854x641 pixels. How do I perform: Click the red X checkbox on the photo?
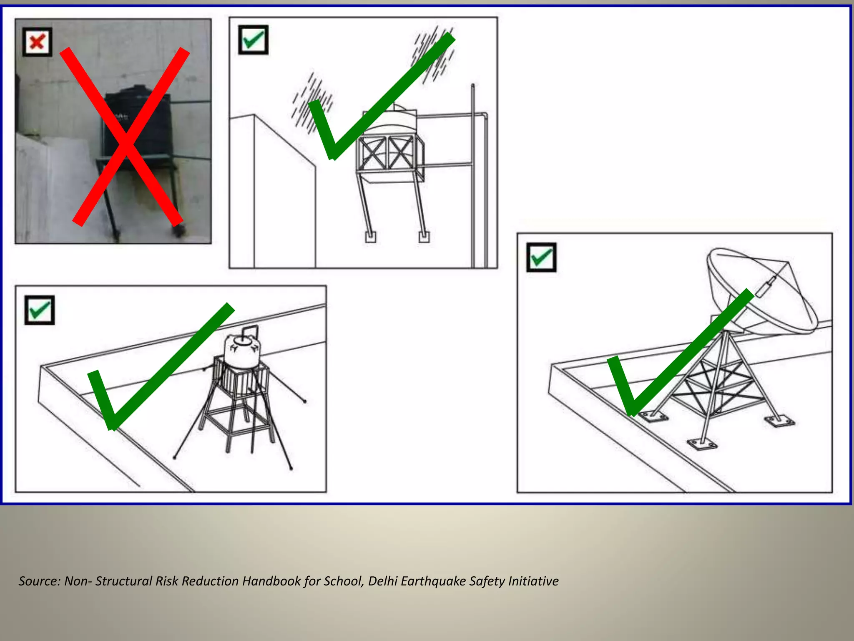pyautogui.click(x=37, y=42)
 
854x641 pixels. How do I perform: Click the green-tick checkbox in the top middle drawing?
pyautogui.click(x=253, y=40)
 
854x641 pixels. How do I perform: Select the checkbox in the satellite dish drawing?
pyautogui.click(x=541, y=257)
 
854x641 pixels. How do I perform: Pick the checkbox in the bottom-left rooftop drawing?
pyautogui.click(x=39, y=310)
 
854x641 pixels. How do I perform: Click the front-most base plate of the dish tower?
pyautogui.click(x=702, y=444)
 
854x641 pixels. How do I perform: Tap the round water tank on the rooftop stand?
pyautogui.click(x=242, y=351)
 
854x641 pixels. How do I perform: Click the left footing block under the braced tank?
pyautogui.click(x=370, y=237)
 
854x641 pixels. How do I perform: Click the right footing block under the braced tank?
pyautogui.click(x=424, y=237)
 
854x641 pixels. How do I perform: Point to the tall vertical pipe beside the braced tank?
pyautogui.click(x=473, y=175)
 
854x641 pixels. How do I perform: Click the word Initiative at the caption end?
pyautogui.click(x=533, y=581)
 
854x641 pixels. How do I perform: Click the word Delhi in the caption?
pyautogui.click(x=382, y=581)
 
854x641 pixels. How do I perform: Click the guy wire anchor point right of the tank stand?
pyautogui.click(x=305, y=401)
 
